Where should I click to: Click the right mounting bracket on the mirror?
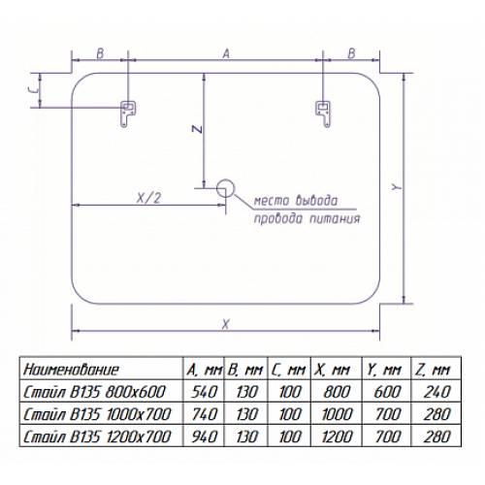(x=324, y=113)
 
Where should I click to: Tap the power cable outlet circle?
(x=225, y=188)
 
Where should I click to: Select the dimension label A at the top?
(x=226, y=53)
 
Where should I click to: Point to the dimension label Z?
(x=198, y=129)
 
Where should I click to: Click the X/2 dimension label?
(x=148, y=198)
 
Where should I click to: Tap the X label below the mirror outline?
(x=226, y=324)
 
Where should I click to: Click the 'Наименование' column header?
(x=71, y=370)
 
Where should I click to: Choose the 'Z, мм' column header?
(x=433, y=370)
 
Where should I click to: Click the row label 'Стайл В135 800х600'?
(x=94, y=392)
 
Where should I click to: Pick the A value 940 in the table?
(x=205, y=436)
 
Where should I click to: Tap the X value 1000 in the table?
(x=337, y=414)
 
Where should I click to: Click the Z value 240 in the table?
(x=436, y=392)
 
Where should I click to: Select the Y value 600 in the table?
(x=387, y=392)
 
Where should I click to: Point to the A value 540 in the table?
(x=205, y=392)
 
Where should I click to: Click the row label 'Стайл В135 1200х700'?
(x=97, y=436)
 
